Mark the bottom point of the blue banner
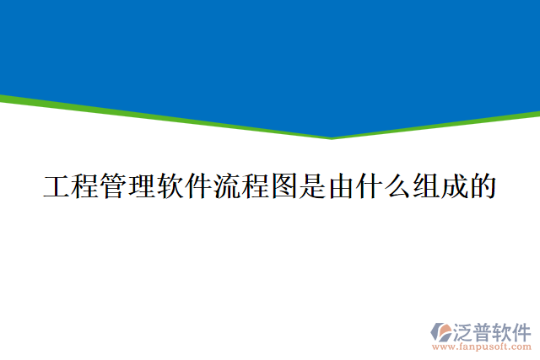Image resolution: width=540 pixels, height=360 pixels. (331, 137)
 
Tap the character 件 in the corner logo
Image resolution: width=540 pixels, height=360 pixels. (523, 330)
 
